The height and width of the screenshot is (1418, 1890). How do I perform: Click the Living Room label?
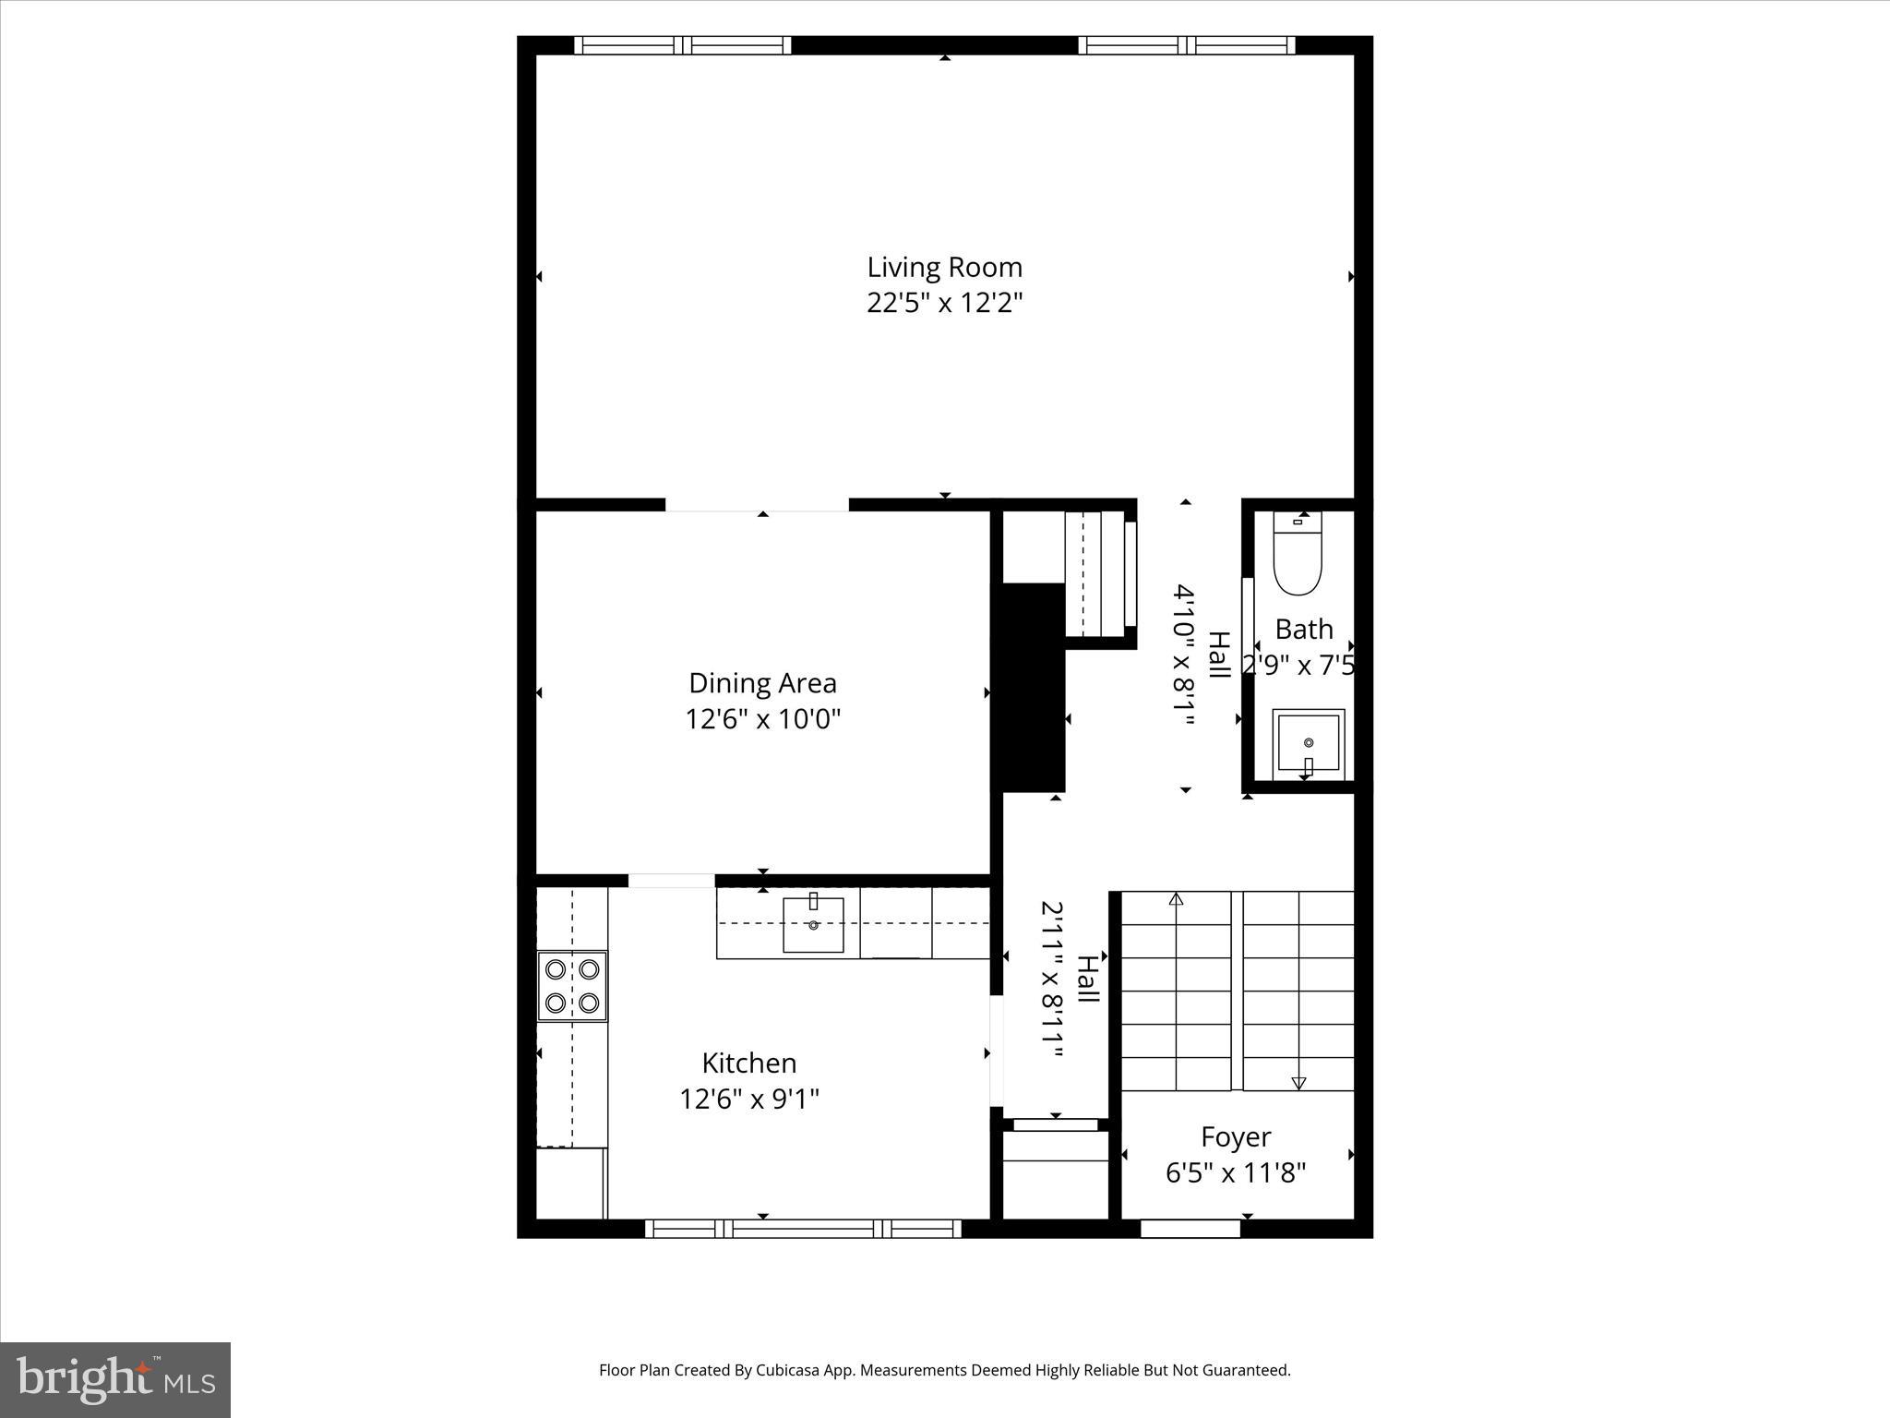(944, 267)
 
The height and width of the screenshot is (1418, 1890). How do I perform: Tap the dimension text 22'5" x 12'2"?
(944, 303)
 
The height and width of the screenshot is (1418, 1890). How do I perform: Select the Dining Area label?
(762, 683)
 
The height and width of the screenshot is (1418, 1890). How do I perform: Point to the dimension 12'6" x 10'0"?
(762, 719)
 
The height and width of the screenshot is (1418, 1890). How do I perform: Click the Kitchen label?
(748, 1063)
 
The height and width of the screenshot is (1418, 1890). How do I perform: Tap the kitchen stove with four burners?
(572, 986)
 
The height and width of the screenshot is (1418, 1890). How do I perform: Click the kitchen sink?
(813, 924)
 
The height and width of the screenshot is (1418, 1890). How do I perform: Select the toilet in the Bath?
(1298, 554)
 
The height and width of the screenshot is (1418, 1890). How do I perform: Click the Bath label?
(1303, 630)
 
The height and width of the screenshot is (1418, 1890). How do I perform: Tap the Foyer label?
(1236, 1136)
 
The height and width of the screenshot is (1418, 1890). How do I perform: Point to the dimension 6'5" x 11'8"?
(1236, 1173)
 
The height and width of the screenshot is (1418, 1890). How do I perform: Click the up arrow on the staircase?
(1176, 899)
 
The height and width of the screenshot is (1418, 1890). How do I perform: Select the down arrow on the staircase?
(1298, 1082)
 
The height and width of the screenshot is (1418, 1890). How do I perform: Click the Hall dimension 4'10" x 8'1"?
(1184, 655)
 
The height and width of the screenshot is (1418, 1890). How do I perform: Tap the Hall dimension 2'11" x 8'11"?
(1052, 982)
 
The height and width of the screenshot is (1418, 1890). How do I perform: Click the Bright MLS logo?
(115, 1379)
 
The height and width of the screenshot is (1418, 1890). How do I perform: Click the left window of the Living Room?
(682, 45)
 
